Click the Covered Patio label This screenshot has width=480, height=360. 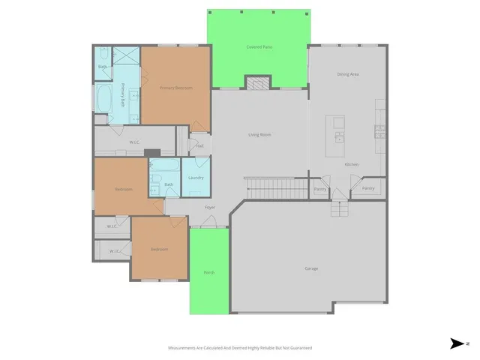click(259, 46)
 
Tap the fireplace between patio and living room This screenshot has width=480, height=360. click(259, 82)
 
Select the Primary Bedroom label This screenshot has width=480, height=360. click(175, 88)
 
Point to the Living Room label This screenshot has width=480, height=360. click(259, 135)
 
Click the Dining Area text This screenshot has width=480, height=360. click(348, 74)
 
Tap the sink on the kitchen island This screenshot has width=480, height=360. click(339, 137)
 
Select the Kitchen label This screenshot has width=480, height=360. click(351, 164)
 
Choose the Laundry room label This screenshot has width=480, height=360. click(196, 178)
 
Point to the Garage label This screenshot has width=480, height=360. click(311, 268)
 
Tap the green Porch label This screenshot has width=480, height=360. click(208, 272)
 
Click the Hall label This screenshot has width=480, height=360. click(199, 145)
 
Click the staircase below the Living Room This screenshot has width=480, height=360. click(276, 188)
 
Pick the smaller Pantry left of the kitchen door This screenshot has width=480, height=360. click(320, 189)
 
